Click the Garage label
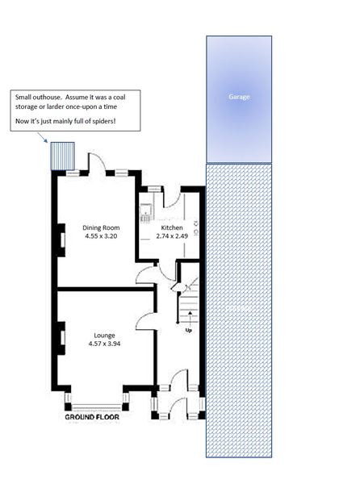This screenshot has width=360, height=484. pos(239,97)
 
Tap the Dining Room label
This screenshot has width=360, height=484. pos(101,227)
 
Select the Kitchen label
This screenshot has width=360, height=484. pos(172,227)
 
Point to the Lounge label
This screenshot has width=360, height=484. pos(104,336)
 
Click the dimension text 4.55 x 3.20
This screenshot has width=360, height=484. pos(101,236)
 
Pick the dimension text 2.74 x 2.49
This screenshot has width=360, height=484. pos(172,236)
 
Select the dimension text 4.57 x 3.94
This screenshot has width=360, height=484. pos(104,344)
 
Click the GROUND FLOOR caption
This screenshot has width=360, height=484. pos(92,417)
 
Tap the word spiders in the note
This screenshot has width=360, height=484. pos(103,121)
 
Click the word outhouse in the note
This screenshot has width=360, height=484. pos(48,97)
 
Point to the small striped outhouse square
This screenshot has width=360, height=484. pos(63,156)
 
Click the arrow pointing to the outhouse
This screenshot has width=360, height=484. pos(42,137)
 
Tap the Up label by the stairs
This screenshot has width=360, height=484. pos(188,331)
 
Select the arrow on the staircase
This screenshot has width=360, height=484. pos(190,319)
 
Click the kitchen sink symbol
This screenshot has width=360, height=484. pos(145,213)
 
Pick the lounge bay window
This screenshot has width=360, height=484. pos(97,407)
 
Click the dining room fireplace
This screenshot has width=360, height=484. pos(61,240)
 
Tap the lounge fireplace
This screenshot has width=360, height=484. pos(61,338)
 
